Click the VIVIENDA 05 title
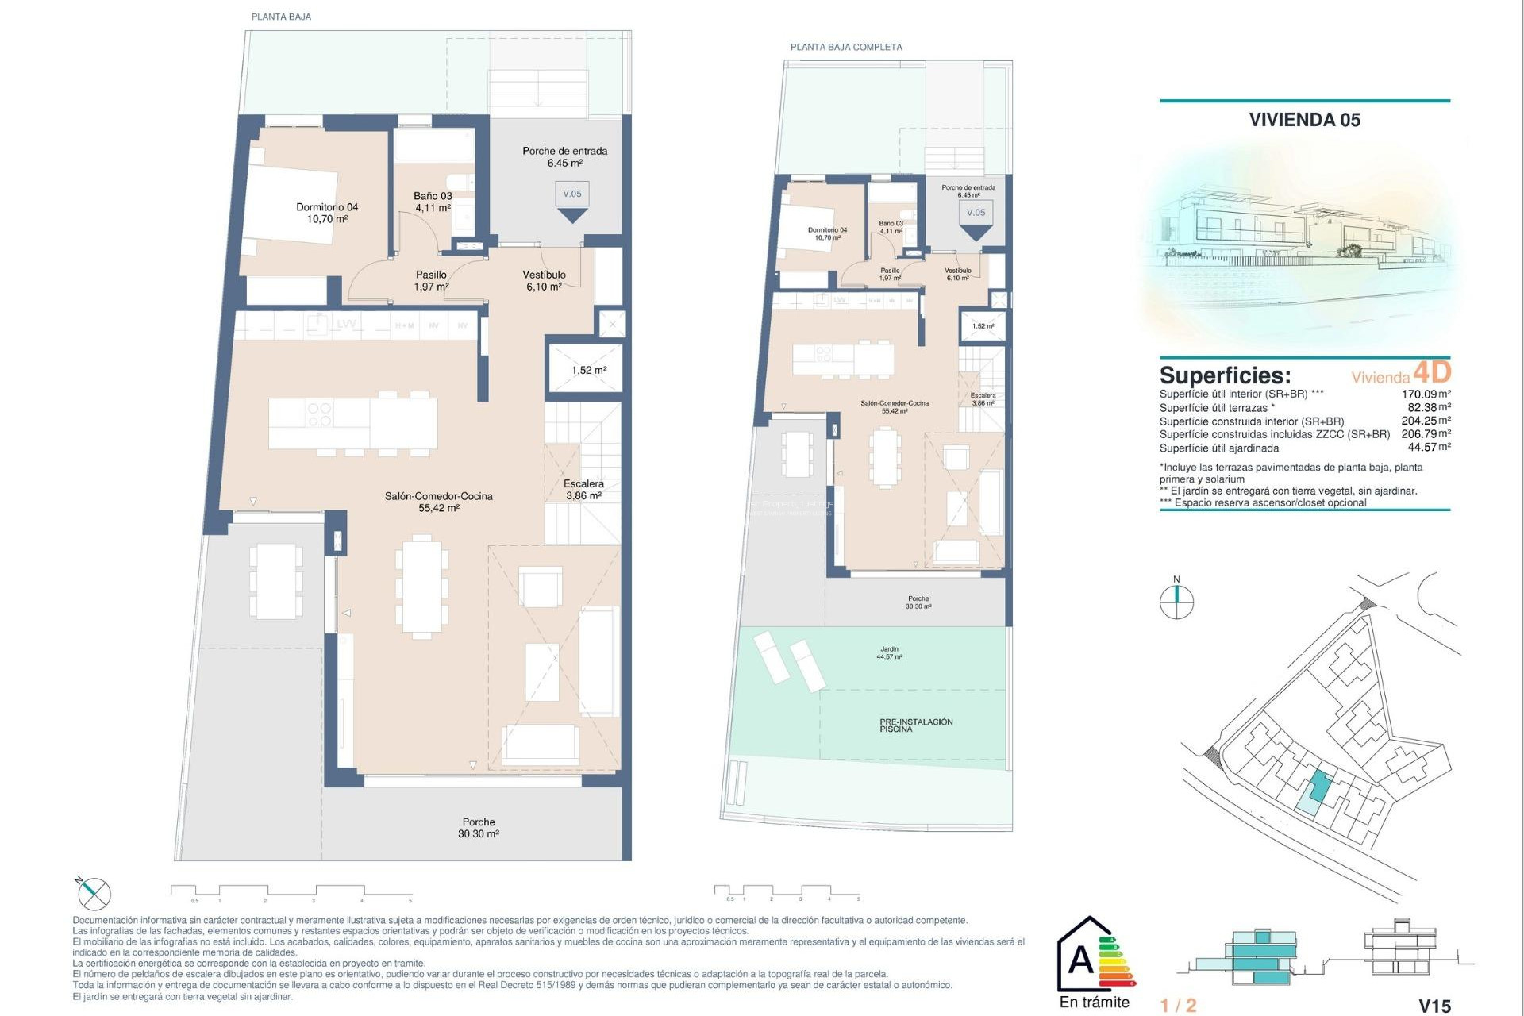coord(1304,120)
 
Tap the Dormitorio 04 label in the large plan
coord(327,213)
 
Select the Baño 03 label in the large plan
coord(433,202)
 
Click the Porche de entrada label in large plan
coord(564,156)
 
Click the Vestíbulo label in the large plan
coord(545,280)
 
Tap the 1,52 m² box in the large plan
coord(588,370)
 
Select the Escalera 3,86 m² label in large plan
coord(583,489)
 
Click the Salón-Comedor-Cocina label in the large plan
coord(438,502)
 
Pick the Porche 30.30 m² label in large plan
coord(478,828)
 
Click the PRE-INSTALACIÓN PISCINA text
coord(915,725)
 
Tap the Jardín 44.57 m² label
coord(889,652)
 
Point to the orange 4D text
coord(1432,371)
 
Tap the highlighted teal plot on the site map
coord(1318,786)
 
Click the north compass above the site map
coord(1176,600)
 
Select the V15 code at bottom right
coord(1434,1006)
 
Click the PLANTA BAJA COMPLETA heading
coord(846,47)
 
